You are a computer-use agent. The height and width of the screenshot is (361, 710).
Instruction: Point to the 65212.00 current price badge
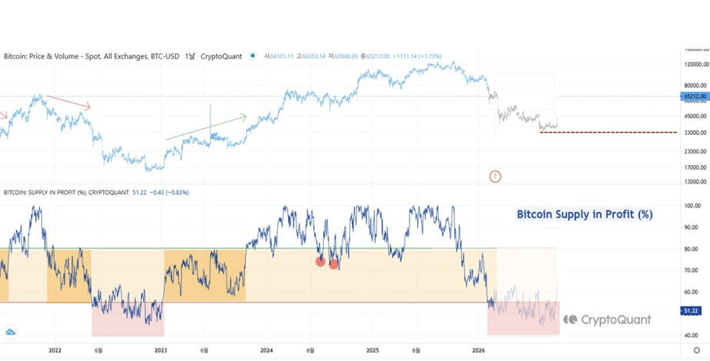[x=693, y=96]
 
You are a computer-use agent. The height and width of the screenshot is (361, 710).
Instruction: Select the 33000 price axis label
[x=695, y=133]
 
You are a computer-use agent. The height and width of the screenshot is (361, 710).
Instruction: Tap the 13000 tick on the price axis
[x=695, y=181]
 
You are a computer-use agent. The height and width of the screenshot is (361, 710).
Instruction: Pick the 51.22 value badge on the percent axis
[x=691, y=310]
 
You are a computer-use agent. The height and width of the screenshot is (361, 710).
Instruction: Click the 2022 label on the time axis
[x=55, y=350]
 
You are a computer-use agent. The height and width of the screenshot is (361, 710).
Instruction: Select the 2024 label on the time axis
[x=267, y=350]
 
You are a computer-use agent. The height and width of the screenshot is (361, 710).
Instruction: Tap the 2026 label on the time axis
[x=478, y=350]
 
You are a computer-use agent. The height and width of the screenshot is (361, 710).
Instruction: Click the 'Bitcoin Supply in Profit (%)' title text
[x=584, y=214]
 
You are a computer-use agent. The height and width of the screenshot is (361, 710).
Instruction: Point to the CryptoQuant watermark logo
[x=607, y=319]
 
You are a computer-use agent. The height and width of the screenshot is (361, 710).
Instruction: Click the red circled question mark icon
[x=495, y=177]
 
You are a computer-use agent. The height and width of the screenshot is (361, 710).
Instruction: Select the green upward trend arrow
[x=206, y=128]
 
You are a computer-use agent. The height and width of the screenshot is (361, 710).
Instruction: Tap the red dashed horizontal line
[x=608, y=133]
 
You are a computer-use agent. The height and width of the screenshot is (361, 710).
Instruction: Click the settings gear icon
[x=697, y=350]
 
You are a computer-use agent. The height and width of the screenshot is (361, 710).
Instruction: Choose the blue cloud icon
[x=11, y=332]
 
